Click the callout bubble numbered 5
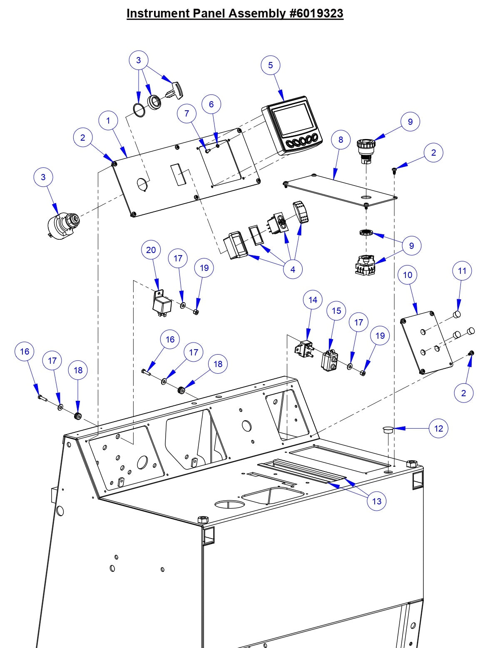click(271, 65)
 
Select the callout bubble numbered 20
click(151, 250)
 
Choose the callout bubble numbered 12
click(439, 428)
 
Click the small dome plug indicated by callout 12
click(387, 430)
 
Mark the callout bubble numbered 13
click(377, 502)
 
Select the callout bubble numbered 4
click(293, 270)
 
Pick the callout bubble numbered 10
click(408, 275)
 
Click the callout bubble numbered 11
click(462, 271)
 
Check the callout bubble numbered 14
click(313, 300)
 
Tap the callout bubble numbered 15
click(336, 311)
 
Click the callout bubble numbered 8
click(341, 140)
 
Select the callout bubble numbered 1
click(108, 121)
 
